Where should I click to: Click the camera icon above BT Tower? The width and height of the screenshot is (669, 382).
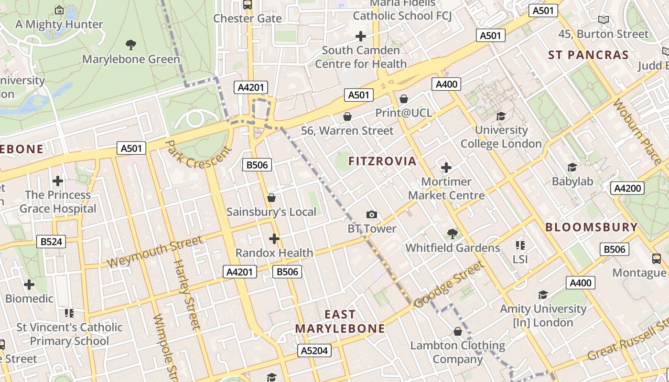point(371,215)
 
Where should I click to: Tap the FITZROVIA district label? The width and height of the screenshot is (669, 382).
point(382,161)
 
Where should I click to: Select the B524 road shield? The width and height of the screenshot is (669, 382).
point(51,242)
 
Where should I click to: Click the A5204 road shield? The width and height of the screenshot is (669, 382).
point(314,351)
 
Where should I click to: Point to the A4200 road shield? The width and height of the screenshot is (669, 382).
point(627,188)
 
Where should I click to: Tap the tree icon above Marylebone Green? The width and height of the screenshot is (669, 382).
point(131,45)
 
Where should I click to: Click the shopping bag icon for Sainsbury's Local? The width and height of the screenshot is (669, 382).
point(271,198)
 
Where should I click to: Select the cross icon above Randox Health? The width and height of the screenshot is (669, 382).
point(274,239)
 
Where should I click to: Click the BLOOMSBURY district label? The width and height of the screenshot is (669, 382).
point(592,227)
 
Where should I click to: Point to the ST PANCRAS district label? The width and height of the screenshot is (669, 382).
point(588,55)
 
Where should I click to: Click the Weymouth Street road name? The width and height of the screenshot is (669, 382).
point(154,252)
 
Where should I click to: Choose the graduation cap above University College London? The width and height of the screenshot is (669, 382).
point(501,116)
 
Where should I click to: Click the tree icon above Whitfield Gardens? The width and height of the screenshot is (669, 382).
point(452,234)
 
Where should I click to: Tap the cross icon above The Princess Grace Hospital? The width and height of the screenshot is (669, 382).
point(58,181)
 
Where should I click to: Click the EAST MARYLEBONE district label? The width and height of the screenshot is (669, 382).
point(340,321)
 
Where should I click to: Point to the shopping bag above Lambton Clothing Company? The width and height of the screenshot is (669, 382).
point(457,331)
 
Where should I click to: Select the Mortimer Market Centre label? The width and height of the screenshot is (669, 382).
point(446,189)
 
